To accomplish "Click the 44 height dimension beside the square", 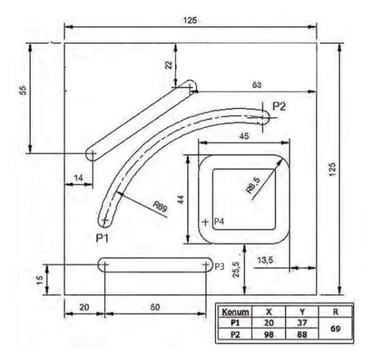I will [180, 200].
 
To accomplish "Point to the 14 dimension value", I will [78, 178].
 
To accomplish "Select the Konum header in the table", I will [237, 311].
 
